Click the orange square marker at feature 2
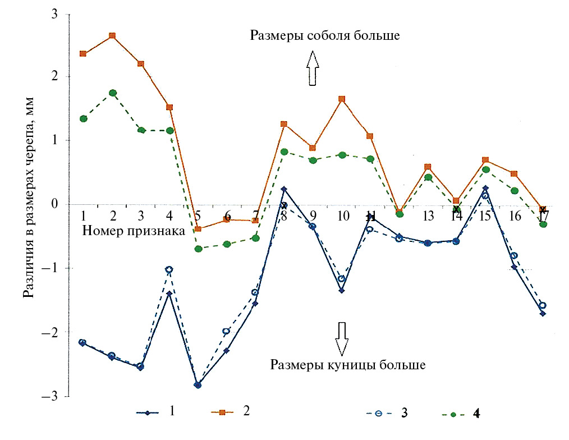[112, 35]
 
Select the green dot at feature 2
[112, 93]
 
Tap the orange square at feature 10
[342, 99]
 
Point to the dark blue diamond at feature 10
[342, 291]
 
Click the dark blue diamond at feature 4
[169, 294]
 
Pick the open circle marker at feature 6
[226, 331]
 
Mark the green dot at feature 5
[198, 249]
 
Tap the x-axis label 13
[428, 216]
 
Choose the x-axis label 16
[514, 216]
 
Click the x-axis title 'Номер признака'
[134, 230]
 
